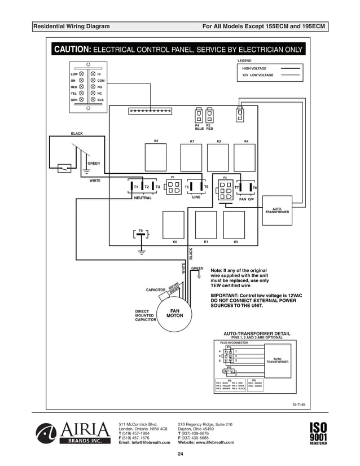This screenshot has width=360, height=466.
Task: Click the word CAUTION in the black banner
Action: [x=71, y=50]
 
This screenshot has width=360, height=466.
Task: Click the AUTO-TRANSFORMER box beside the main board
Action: [x=277, y=210]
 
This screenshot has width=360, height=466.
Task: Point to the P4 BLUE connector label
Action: [x=198, y=127]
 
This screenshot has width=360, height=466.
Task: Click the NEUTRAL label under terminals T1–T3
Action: [x=143, y=198]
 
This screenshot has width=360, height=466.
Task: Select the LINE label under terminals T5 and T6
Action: [x=196, y=197]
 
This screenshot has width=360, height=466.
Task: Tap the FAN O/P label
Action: [x=247, y=199]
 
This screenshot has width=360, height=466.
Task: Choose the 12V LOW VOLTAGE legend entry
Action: [x=257, y=75]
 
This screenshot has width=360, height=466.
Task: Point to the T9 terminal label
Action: [x=141, y=230]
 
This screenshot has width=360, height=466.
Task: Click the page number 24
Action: [x=180, y=454]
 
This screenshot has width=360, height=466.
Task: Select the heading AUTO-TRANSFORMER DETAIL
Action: [x=257, y=333]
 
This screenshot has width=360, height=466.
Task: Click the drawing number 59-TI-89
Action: [x=299, y=405]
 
